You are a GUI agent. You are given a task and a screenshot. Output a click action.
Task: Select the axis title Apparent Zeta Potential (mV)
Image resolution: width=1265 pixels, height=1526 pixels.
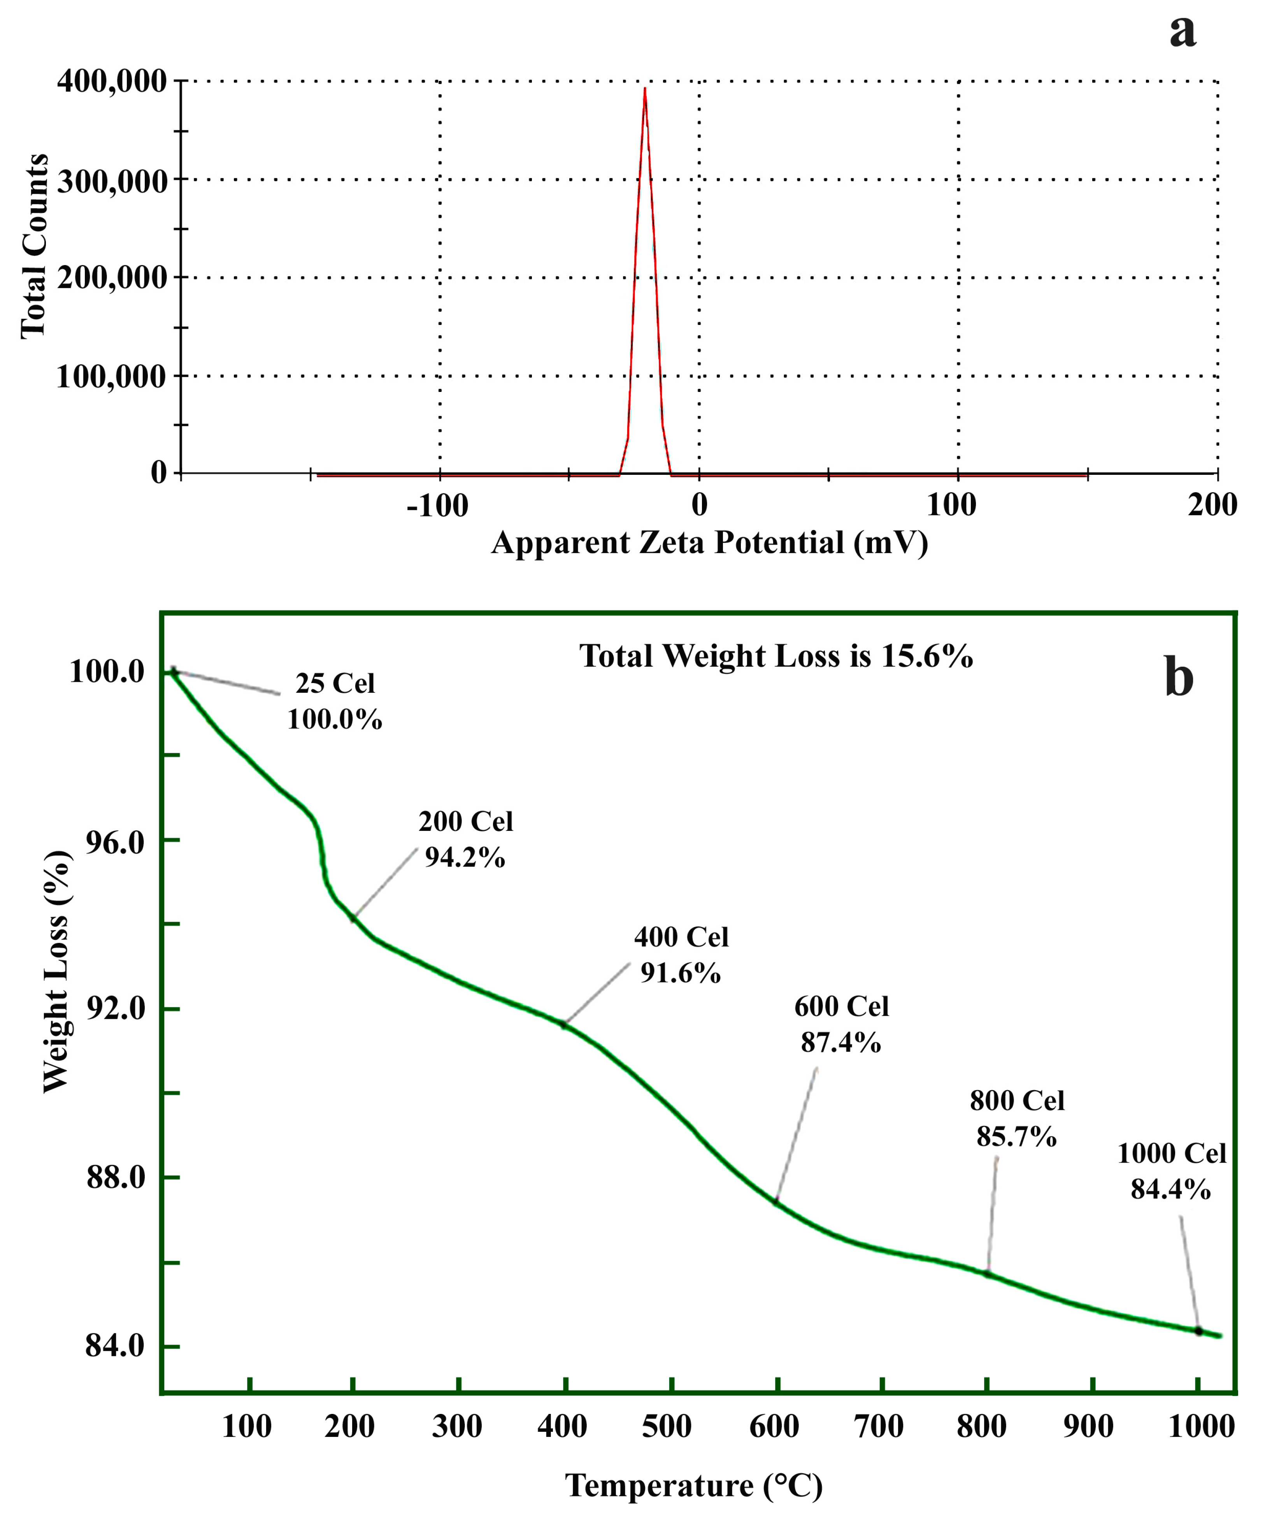(x=709, y=544)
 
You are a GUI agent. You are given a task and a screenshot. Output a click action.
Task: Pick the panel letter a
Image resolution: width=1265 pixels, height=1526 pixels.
(x=1182, y=31)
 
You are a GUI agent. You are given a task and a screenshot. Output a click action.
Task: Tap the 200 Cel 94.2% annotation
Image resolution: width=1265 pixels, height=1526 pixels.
(x=465, y=839)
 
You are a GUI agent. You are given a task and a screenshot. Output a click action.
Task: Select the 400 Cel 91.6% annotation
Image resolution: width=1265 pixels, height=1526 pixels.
(x=681, y=955)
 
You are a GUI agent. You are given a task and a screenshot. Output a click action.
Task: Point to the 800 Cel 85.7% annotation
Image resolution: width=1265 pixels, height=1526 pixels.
(x=1016, y=1119)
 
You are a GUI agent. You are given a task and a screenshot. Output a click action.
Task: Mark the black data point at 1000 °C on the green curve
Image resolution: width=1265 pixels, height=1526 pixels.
(x=1198, y=1331)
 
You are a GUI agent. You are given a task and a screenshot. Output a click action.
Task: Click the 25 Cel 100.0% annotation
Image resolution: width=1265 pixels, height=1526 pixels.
(x=334, y=701)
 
